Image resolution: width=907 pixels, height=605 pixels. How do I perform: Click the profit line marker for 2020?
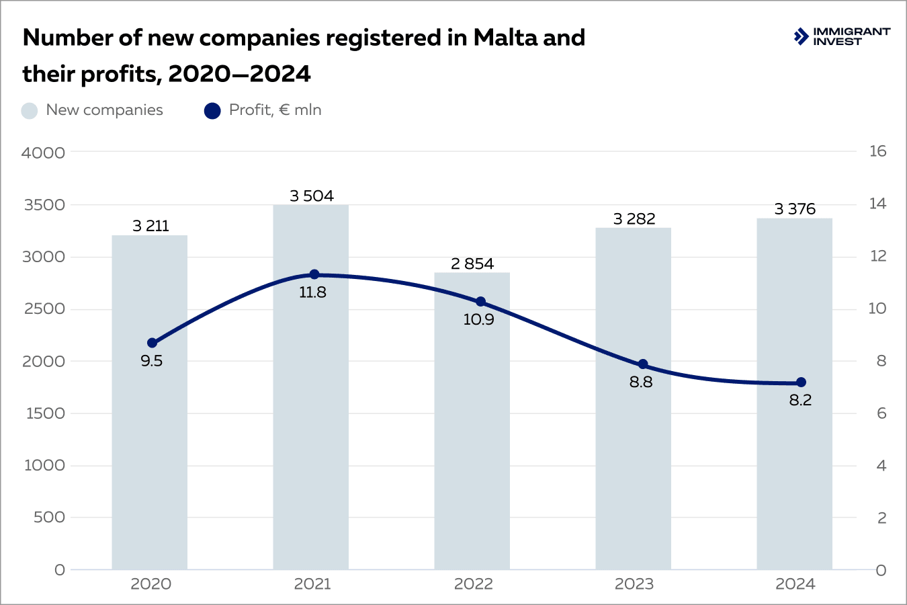coord(152,343)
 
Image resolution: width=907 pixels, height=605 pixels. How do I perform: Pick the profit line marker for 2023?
coord(643,364)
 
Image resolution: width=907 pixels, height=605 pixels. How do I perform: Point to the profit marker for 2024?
coord(801,382)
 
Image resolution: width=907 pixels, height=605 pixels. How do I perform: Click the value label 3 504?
coord(312,196)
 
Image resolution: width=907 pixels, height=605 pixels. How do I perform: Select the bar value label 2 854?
coord(472,264)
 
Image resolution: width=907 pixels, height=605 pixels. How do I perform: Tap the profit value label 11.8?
coord(312,292)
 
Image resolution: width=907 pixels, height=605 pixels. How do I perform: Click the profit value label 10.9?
coord(478,320)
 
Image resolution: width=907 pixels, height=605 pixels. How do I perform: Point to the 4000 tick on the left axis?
coord(44,153)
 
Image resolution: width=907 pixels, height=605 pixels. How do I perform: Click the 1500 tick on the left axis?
coord(45,413)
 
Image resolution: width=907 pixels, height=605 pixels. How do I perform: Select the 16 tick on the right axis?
coord(877,151)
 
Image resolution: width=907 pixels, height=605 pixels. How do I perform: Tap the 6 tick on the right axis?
coord(881,413)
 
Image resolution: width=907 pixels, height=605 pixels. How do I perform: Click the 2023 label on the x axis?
coord(634,584)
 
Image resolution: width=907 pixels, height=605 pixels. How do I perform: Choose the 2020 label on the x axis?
coord(150,584)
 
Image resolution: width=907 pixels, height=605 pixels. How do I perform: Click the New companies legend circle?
coord(30,111)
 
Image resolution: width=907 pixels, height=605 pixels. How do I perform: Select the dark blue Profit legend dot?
coord(212,111)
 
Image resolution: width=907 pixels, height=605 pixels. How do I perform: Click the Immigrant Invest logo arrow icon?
coord(801,36)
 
